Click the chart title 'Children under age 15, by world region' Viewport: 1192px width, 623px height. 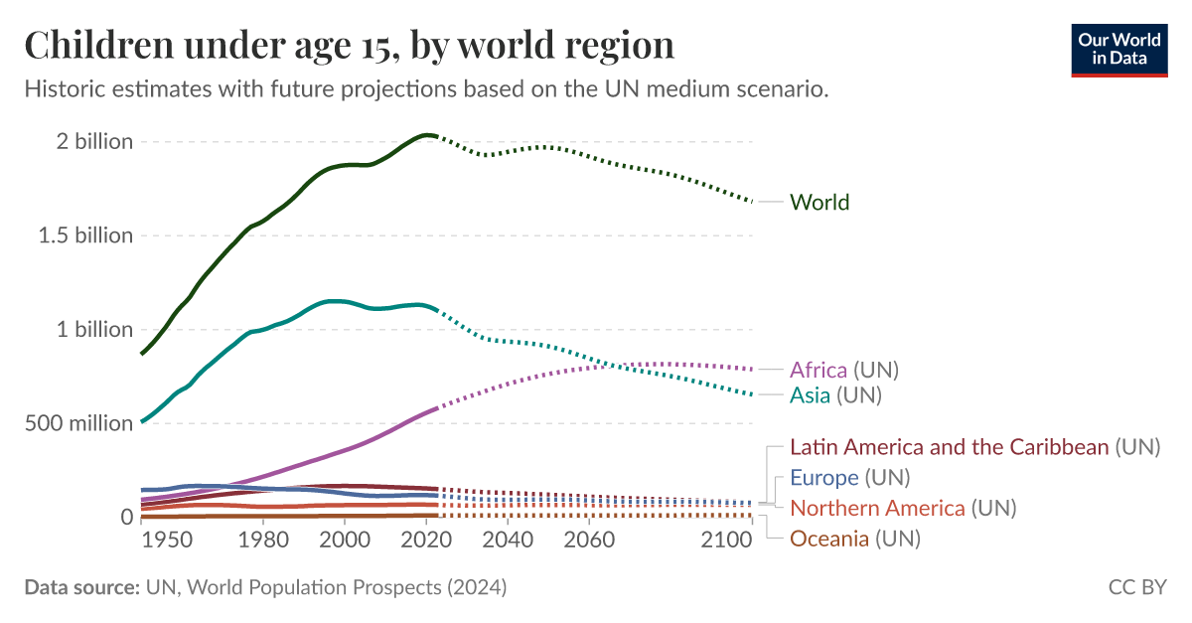(349, 46)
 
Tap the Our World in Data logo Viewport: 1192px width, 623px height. (1119, 48)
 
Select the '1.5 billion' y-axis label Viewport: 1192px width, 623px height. (82, 235)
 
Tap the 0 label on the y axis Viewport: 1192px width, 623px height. (126, 517)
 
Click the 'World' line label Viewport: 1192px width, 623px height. (819, 203)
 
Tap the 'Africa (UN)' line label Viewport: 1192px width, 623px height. (843, 371)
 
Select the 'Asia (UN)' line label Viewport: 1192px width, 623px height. (835, 395)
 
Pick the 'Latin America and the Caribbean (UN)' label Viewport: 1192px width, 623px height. (974, 447)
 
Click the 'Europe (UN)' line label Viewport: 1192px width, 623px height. (849, 478)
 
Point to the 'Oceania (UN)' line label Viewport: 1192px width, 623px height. (854, 540)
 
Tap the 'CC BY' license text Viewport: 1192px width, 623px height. (1137, 587)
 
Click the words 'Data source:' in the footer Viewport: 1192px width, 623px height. (81, 587)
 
